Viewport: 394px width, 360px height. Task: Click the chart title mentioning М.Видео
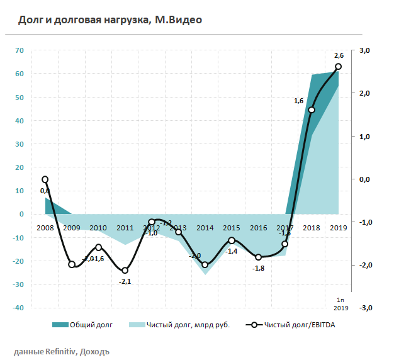pyautogui.click(x=110, y=20)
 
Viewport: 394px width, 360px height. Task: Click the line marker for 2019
pyautogui.click(x=339, y=66)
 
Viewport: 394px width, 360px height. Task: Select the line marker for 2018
pyautogui.click(x=312, y=110)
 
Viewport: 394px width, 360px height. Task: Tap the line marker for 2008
pyautogui.click(x=45, y=179)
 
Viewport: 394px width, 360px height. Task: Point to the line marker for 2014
pyautogui.click(x=205, y=265)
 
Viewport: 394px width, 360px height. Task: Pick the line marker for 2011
pyautogui.click(x=125, y=271)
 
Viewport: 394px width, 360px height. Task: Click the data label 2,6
pyautogui.click(x=339, y=55)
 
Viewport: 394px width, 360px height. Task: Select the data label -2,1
pyautogui.click(x=125, y=281)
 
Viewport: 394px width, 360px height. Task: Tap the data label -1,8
pyautogui.click(x=258, y=268)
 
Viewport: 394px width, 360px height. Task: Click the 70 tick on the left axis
pyautogui.click(x=20, y=50)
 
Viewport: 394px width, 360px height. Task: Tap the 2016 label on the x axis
pyautogui.click(x=259, y=227)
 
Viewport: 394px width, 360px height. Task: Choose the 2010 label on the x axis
pyautogui.click(x=98, y=227)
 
